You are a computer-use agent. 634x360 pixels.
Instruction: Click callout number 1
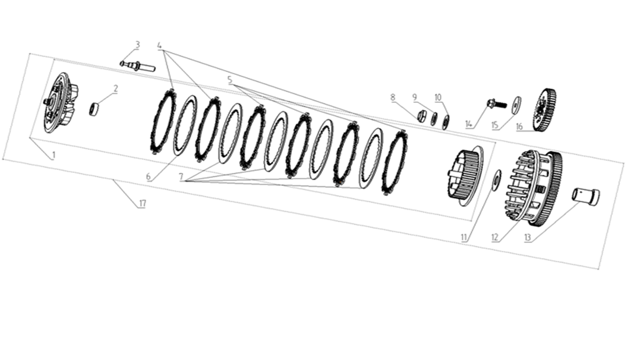tap(53, 155)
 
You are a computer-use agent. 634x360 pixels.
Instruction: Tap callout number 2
tap(116, 89)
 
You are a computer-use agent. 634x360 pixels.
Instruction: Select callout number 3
tap(137, 45)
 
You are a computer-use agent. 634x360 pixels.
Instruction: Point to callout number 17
tap(142, 204)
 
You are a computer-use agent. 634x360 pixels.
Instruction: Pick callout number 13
tap(527, 238)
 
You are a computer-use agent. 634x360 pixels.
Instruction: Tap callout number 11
tap(463, 238)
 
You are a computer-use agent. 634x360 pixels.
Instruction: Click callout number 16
tap(519, 126)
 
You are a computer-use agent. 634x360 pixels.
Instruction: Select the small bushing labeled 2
tap(93, 109)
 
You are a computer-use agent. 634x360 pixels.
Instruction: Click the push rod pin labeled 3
tap(138, 66)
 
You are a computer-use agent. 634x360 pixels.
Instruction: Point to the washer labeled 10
tap(446, 121)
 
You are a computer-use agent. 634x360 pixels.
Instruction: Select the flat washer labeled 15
tap(516, 102)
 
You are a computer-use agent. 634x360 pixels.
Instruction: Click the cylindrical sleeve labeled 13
tap(586, 197)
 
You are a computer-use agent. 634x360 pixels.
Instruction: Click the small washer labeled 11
tap(496, 176)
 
